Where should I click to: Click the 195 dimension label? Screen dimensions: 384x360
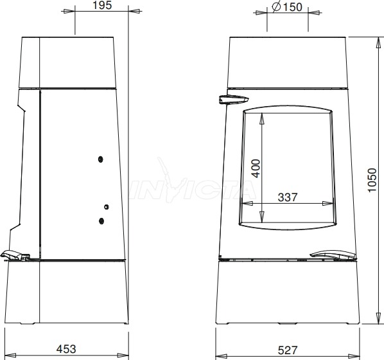102,5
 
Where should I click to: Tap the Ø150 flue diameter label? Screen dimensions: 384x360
287,7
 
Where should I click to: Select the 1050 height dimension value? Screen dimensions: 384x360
372,180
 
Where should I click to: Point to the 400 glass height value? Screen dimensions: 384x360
256,168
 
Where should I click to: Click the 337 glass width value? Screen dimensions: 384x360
288,197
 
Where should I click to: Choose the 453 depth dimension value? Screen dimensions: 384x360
66,349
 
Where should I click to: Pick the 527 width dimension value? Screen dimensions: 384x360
288,350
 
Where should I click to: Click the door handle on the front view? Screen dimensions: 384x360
234,100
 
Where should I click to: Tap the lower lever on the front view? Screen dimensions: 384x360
333,255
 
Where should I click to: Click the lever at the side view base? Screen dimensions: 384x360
15,255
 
